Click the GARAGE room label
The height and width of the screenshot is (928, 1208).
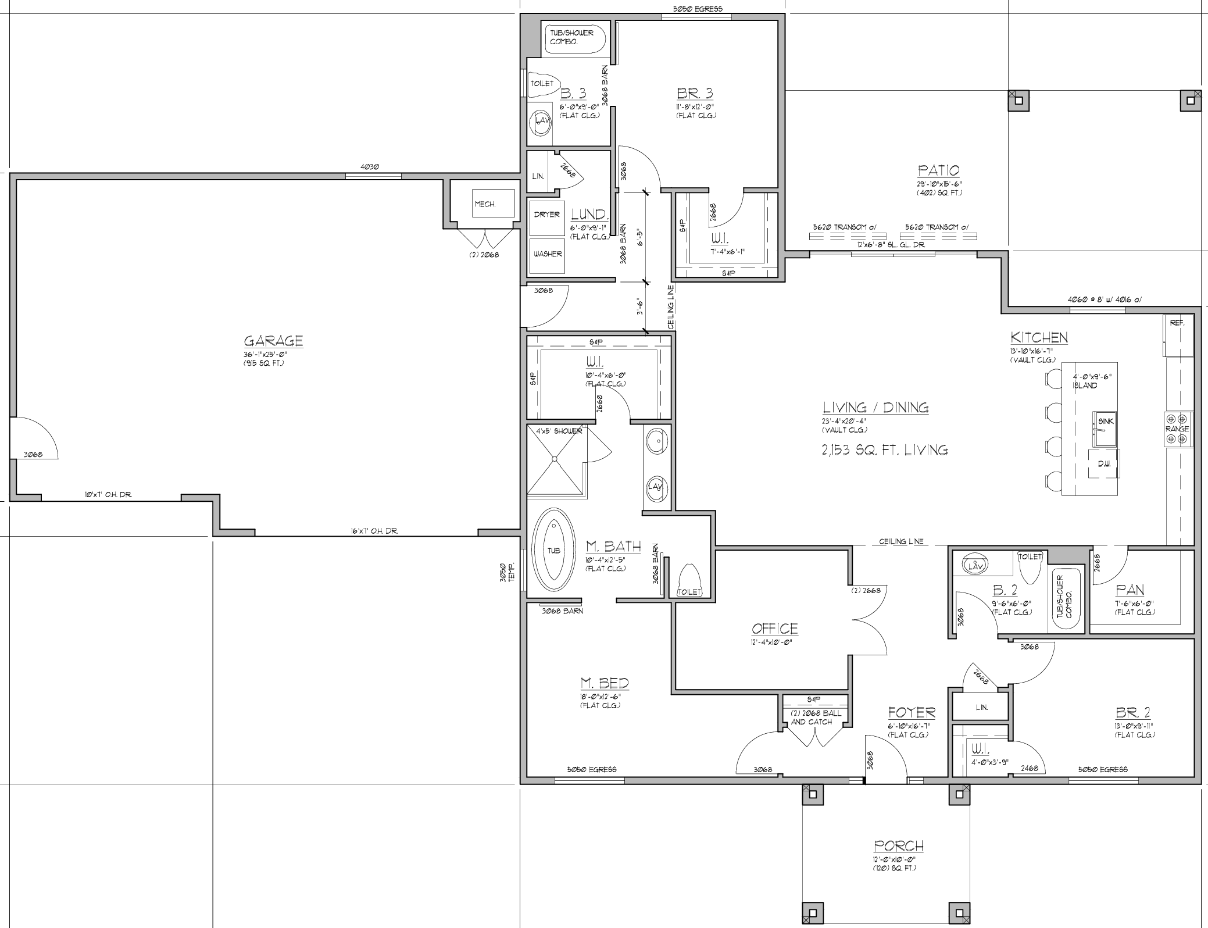coord(273,341)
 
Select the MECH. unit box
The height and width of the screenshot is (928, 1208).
coord(494,203)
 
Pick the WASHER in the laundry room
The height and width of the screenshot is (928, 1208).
coord(547,255)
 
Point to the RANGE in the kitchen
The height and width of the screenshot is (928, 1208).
coord(1178,429)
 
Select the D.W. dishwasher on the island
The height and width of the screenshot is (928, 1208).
coord(1103,463)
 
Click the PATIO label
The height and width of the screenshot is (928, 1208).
coord(938,170)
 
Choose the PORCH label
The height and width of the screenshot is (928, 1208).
coord(898,845)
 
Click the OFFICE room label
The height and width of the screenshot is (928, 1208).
coord(774,629)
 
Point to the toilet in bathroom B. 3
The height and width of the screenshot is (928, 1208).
coord(542,84)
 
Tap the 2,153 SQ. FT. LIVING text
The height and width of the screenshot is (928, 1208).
coord(885,449)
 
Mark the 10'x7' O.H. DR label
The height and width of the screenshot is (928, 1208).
coord(108,495)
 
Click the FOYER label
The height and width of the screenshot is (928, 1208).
coord(912,712)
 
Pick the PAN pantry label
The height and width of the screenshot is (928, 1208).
coord(1130,590)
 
